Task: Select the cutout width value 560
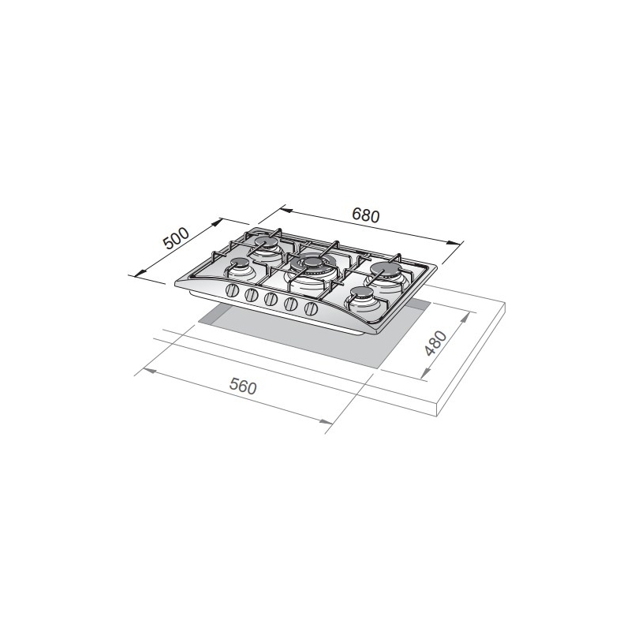[x=245, y=387]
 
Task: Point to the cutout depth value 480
[x=436, y=344]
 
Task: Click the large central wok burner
[x=312, y=263]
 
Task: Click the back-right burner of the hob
[x=384, y=268]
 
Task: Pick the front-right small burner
[x=362, y=294]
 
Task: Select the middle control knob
[x=271, y=300]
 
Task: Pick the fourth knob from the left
[x=290, y=303]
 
